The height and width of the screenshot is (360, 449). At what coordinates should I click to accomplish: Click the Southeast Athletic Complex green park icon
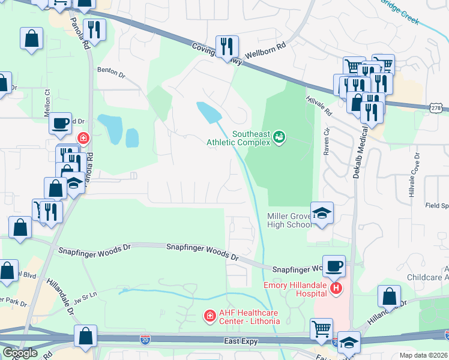point(279,138)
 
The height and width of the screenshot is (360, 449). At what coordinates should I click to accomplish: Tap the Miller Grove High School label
point(289,220)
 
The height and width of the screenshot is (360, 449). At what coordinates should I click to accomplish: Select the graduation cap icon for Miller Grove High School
point(322,214)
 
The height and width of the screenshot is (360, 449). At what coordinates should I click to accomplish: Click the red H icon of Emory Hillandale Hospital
point(336,289)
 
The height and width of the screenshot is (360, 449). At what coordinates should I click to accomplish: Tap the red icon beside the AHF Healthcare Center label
point(209,316)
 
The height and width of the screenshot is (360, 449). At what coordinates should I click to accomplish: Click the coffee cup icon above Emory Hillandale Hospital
point(334,265)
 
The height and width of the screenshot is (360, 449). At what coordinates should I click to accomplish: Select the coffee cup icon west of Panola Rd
point(60,123)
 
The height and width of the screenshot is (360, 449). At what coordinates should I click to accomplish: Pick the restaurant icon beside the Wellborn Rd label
point(227,46)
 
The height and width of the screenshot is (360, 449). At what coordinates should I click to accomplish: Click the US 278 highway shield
point(436,107)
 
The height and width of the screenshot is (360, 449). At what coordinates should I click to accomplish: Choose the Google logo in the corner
point(20,353)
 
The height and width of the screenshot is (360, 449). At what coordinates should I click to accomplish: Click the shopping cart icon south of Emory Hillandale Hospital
point(321,329)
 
